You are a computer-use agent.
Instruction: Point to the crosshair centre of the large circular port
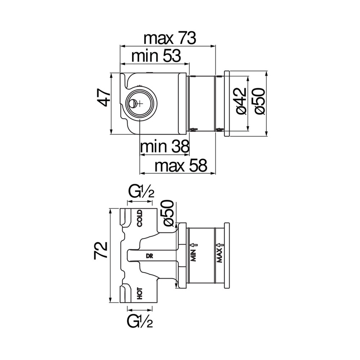point(140,104)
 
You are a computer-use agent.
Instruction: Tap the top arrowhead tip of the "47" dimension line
point(111,73)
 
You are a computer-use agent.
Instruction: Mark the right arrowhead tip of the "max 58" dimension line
point(216,173)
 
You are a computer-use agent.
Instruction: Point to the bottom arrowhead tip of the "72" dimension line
point(110,303)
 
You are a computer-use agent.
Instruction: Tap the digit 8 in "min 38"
point(184,147)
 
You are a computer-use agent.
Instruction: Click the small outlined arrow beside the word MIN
point(196,244)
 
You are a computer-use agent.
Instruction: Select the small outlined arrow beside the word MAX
point(222,245)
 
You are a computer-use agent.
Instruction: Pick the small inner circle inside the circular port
point(133,103)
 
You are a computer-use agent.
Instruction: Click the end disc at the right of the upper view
point(227,104)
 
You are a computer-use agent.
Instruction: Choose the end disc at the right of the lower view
point(227,255)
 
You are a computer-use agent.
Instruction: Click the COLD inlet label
point(140,219)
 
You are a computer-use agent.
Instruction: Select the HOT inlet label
point(140,294)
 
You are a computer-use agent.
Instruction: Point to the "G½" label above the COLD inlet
point(140,193)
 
